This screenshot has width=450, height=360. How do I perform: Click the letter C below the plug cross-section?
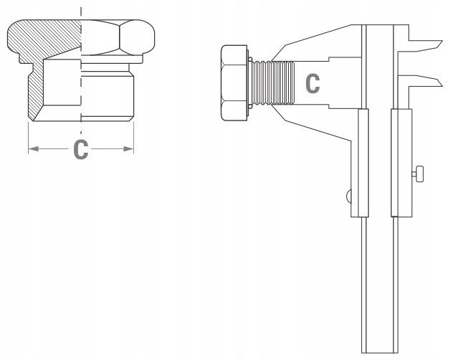82,151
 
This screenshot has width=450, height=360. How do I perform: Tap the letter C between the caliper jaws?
312,82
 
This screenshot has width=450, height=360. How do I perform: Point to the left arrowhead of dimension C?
33,149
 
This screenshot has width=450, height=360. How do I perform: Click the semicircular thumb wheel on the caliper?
347,195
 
